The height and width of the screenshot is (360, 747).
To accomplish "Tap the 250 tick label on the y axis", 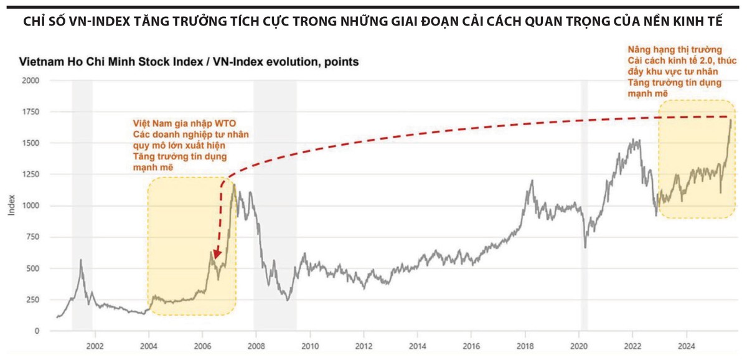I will click(x=33, y=300).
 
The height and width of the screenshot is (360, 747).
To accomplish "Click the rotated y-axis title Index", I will click(x=11, y=206).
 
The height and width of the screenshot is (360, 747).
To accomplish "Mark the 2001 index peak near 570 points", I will click(x=81, y=260).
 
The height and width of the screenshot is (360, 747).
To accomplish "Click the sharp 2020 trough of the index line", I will click(x=586, y=247).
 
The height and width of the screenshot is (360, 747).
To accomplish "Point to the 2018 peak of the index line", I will click(x=532, y=181).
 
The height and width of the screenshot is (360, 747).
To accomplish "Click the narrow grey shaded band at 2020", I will click(x=584, y=206).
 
